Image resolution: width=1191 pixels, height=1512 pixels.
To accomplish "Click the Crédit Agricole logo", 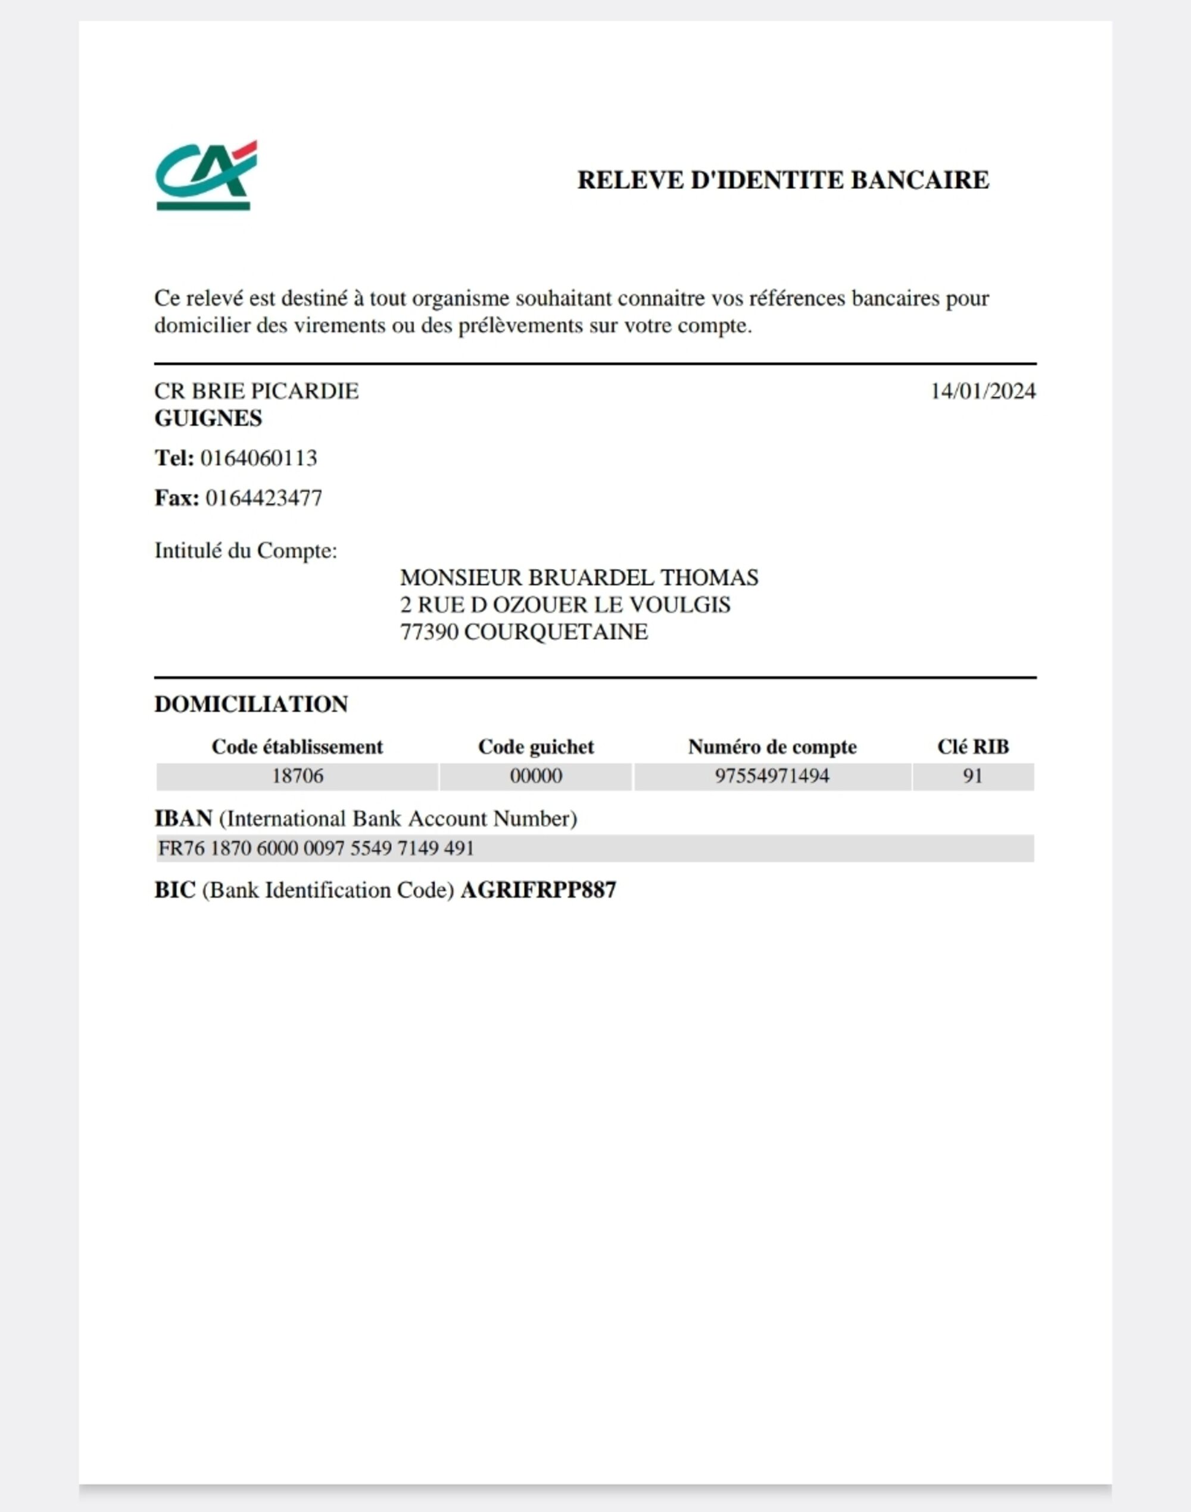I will click(205, 175).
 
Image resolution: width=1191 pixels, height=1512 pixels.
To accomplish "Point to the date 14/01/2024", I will click(983, 391).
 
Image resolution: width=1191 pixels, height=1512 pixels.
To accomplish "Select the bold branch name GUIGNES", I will click(208, 418).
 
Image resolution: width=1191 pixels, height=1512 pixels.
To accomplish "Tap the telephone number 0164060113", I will click(258, 458).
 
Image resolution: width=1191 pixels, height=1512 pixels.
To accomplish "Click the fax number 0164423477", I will click(264, 498).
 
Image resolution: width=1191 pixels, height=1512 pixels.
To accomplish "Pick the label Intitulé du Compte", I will click(245, 551).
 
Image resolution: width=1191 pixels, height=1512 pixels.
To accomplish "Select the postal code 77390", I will click(429, 632).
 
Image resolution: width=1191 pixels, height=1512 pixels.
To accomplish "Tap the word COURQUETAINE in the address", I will click(556, 632).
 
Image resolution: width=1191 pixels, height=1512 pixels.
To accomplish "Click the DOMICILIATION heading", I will click(251, 704).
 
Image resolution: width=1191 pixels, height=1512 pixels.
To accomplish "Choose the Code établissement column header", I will click(297, 747).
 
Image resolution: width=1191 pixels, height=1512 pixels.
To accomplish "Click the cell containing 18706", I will click(297, 776).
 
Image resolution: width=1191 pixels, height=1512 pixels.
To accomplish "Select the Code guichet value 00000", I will click(535, 776).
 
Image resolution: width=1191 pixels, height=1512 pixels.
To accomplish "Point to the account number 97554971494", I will click(772, 776).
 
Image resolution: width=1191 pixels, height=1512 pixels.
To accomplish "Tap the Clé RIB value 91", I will click(972, 776).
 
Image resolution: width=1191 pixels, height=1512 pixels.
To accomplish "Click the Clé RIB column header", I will click(972, 747).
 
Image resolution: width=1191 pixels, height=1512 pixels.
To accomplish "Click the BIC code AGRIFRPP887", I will click(538, 891).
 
